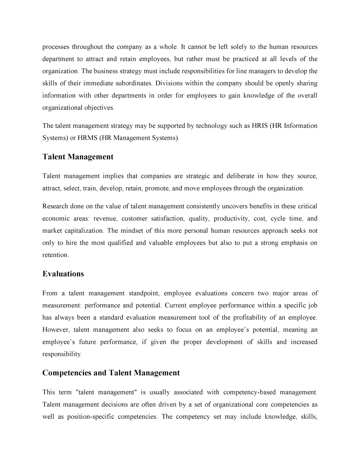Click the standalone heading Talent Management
coord(78,157)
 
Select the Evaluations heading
coord(63,274)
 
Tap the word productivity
coord(231,219)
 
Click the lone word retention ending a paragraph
coord(55,255)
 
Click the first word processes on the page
coord(55,47)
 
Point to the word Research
coord(55,206)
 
